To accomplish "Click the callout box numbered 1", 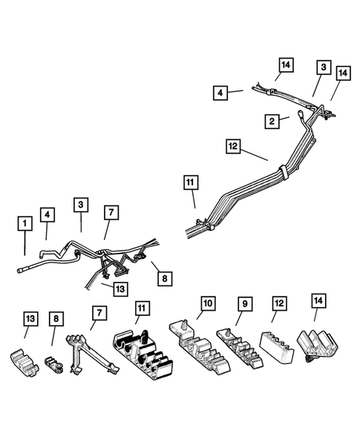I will [x=25, y=222].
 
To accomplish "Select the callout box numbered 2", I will [x=273, y=119].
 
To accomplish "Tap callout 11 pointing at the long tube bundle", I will [x=192, y=181].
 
